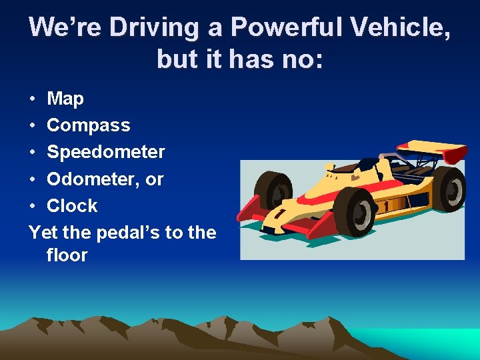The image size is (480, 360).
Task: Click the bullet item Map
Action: [65, 99]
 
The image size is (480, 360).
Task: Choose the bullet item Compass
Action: [89, 125]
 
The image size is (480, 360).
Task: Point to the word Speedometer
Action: [105, 152]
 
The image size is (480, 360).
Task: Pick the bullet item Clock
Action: [72, 205]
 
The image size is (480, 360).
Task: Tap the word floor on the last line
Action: [67, 255]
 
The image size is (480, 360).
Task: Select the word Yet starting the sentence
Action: [44, 232]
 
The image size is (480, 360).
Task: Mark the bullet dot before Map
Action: [33, 99]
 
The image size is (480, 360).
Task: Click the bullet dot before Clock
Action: [33, 206]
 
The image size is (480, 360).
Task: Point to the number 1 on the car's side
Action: [385, 207]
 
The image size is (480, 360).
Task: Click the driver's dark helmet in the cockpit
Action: [366, 164]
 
